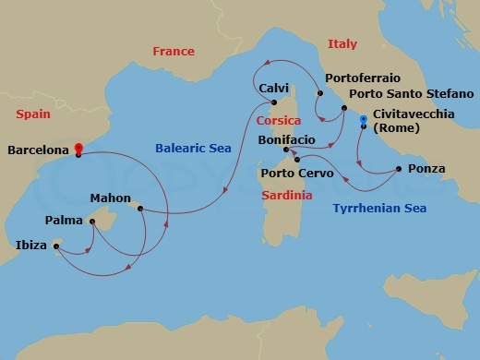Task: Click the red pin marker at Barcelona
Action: (78, 148)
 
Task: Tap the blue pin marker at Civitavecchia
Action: (363, 120)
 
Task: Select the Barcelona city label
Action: (38, 148)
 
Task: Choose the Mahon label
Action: (110, 198)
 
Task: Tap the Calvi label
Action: (275, 88)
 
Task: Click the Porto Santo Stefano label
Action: (412, 94)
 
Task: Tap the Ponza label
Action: (426, 169)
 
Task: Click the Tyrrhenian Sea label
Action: (379, 209)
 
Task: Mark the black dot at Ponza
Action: (398, 168)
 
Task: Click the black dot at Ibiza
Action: (55, 246)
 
